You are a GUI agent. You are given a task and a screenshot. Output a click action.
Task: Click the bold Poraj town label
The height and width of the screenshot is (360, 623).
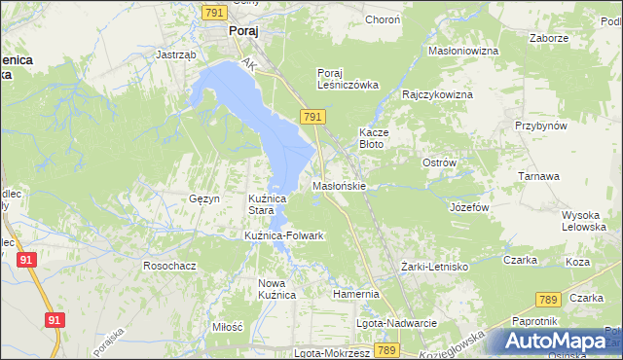(x=242, y=30)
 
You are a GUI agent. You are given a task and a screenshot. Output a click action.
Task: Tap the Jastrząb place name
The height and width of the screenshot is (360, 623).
(x=177, y=55)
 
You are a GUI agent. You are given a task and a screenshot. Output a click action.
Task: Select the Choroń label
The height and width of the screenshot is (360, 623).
(x=383, y=19)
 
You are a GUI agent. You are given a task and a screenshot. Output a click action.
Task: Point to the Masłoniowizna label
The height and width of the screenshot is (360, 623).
(x=463, y=50)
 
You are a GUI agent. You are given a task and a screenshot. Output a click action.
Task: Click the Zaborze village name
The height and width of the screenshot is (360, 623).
(x=549, y=38)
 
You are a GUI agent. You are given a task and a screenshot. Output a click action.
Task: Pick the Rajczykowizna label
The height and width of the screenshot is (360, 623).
(x=438, y=94)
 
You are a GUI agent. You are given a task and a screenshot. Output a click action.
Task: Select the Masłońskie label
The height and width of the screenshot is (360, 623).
(x=339, y=185)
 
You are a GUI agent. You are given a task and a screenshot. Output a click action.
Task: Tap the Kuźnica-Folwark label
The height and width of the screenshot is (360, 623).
(x=283, y=235)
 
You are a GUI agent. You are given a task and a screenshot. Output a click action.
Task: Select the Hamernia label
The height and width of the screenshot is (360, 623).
(x=354, y=293)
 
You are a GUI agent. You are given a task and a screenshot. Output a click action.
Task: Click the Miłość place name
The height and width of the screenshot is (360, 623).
(x=226, y=327)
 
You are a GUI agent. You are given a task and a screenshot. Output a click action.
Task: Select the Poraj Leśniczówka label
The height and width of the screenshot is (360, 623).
(x=347, y=78)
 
